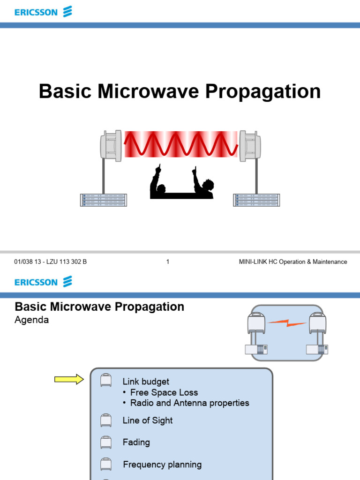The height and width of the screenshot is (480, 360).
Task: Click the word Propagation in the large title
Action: coord(262,91)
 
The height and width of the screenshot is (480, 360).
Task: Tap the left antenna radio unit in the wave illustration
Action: coord(111,146)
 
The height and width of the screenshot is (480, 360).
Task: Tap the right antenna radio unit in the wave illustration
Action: coord(250,146)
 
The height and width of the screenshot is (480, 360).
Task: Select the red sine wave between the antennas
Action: coord(180,144)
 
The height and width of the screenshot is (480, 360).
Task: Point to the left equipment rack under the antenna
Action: coord(103,200)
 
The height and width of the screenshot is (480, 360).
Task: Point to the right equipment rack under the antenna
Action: coord(256,200)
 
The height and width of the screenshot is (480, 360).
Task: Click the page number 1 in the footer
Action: coord(167,262)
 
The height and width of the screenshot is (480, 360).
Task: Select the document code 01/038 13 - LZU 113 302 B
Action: coord(51,262)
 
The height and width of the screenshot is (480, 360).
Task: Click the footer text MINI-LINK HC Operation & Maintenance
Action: coord(293,262)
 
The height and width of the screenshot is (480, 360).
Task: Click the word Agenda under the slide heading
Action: coord(32,321)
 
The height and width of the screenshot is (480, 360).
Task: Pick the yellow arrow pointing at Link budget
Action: coord(68,379)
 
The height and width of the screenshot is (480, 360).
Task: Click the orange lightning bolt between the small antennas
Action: coord(286,322)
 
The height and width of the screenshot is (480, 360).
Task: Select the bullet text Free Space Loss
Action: coord(164,392)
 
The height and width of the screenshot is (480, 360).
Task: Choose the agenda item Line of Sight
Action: coord(148,420)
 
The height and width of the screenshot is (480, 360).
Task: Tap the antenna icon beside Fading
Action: coord(106,442)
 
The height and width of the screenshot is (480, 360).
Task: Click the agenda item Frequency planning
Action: coord(162,465)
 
